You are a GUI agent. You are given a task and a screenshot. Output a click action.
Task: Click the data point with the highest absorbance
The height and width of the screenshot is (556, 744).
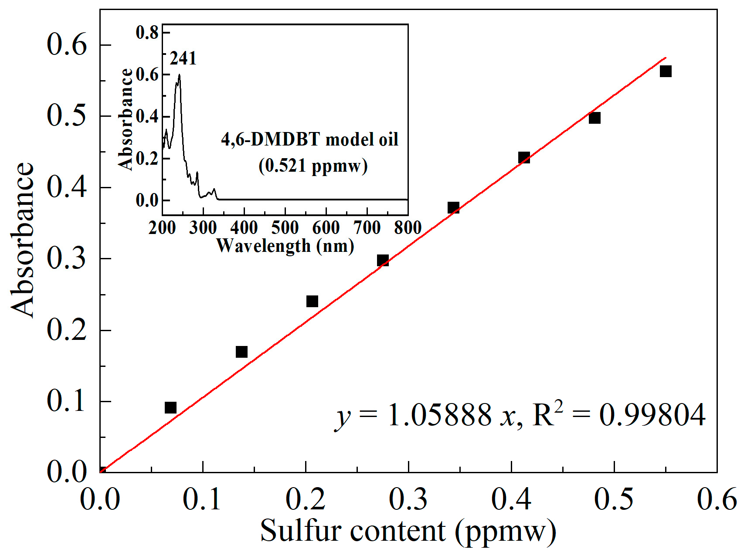(665, 71)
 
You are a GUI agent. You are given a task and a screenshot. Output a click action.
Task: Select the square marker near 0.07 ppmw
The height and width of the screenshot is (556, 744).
(170, 407)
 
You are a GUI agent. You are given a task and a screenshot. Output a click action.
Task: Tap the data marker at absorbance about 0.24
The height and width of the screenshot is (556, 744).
(312, 301)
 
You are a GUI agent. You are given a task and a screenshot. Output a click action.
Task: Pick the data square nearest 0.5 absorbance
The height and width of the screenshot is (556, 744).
(595, 118)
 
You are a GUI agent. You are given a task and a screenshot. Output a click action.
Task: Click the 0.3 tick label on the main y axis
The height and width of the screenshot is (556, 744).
(67, 258)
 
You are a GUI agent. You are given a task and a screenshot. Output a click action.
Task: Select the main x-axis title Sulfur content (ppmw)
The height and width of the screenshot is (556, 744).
(408, 531)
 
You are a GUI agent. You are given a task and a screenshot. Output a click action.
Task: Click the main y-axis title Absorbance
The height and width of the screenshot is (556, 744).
(23, 240)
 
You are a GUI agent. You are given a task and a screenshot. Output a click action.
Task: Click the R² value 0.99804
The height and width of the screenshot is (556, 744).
(652, 415)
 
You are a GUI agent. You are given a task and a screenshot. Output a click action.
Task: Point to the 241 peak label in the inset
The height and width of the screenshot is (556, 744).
(183, 58)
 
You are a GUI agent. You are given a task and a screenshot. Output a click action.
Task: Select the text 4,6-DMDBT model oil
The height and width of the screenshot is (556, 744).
(309, 139)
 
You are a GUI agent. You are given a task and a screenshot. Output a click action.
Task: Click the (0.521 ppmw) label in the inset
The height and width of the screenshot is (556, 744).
(313, 166)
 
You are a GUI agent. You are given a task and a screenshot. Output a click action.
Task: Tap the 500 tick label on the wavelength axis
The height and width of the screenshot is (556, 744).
(285, 227)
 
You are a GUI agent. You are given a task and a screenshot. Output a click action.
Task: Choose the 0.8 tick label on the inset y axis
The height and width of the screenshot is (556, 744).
(147, 33)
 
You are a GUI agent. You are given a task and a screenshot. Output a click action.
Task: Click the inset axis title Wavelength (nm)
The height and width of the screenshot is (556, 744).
(285, 246)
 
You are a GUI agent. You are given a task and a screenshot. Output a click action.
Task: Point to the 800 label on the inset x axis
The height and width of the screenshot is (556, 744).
(408, 227)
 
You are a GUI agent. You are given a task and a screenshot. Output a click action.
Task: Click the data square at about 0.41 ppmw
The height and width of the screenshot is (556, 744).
(524, 157)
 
